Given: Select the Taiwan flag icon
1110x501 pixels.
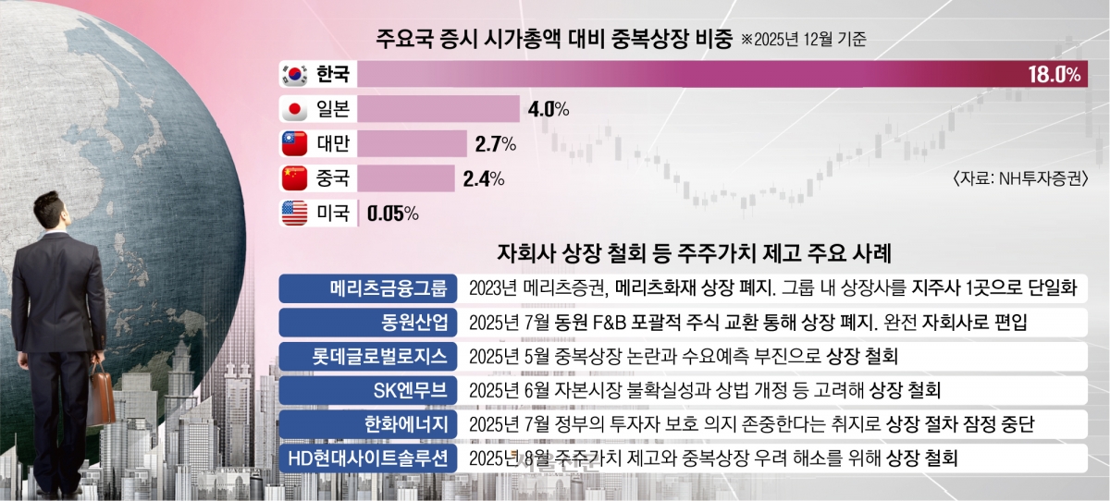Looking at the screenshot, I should pyautogui.click(x=295, y=144).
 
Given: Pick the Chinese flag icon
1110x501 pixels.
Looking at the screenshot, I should pyautogui.click(x=295, y=178).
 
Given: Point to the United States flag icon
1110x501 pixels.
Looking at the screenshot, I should pyautogui.click(x=295, y=214).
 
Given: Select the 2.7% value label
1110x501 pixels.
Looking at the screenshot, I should pyautogui.click(x=495, y=144).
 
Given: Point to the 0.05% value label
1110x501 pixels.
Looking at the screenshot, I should pyautogui.click(x=392, y=214).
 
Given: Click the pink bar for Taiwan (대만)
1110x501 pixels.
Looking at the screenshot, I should pyautogui.click(x=413, y=144).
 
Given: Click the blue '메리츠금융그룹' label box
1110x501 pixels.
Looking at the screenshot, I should pyautogui.click(x=367, y=288).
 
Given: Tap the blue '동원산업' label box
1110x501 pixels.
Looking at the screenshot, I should pyautogui.click(x=367, y=323).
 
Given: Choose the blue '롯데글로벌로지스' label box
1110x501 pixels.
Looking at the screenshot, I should pyautogui.click(x=367, y=356).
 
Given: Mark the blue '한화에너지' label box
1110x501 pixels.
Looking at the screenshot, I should pyautogui.click(x=367, y=424).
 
